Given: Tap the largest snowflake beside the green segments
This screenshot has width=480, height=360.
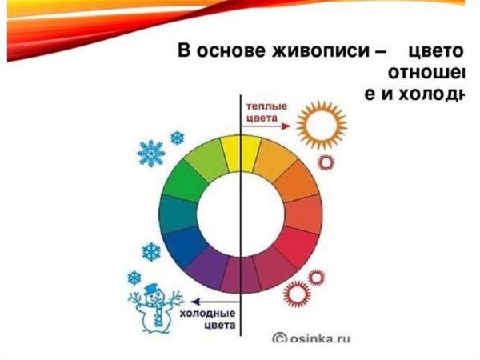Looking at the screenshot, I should tap(151, 151).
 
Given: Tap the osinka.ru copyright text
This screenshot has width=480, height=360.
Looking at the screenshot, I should tap(313, 337).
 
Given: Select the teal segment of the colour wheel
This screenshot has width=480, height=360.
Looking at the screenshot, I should tap(179, 213).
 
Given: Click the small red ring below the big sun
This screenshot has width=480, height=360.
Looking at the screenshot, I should tap(326, 162).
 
